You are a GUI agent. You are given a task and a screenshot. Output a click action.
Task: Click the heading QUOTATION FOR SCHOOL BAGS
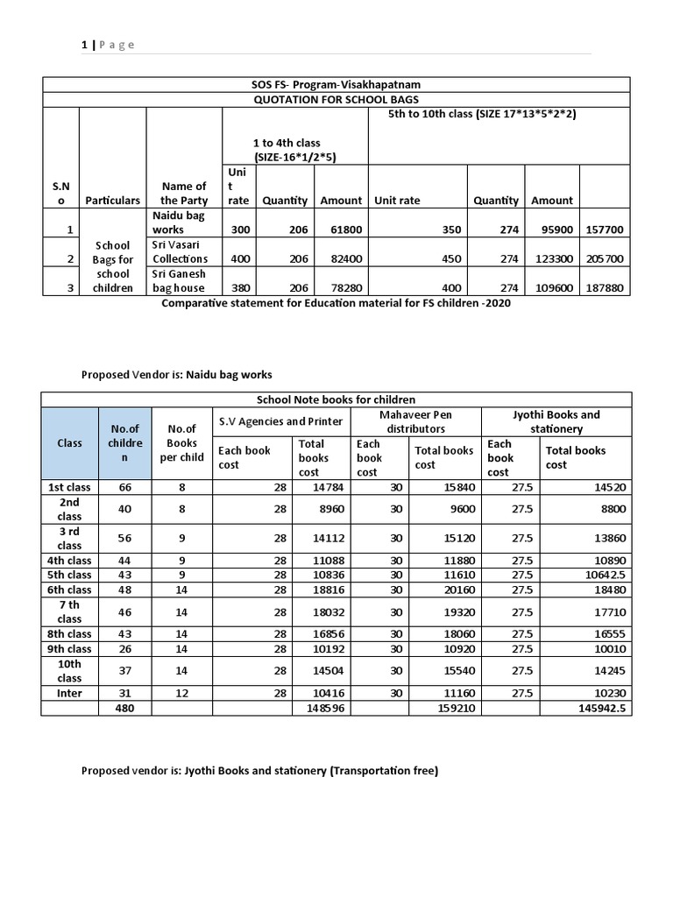[336, 99]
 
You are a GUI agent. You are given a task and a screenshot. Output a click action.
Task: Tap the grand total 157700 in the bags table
[606, 230]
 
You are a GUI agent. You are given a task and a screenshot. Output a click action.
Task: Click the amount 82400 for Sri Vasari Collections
[342, 258]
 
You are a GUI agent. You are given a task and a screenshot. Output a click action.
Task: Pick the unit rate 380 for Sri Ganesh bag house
[239, 287]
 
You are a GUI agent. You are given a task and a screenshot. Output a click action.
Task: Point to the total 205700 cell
[606, 258]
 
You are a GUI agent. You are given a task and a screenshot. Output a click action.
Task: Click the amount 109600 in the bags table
[552, 287]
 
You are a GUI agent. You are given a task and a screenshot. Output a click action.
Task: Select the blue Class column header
[69, 442]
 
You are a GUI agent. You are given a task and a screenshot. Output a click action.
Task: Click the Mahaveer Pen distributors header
[416, 421]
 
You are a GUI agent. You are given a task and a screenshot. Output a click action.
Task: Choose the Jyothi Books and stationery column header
[556, 421]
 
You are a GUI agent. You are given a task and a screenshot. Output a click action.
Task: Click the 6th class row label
[69, 590]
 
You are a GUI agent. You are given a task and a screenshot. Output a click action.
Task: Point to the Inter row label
[69, 693]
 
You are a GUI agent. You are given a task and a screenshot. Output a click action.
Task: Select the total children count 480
[125, 707]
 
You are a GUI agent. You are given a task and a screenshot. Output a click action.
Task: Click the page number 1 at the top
[84, 45]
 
